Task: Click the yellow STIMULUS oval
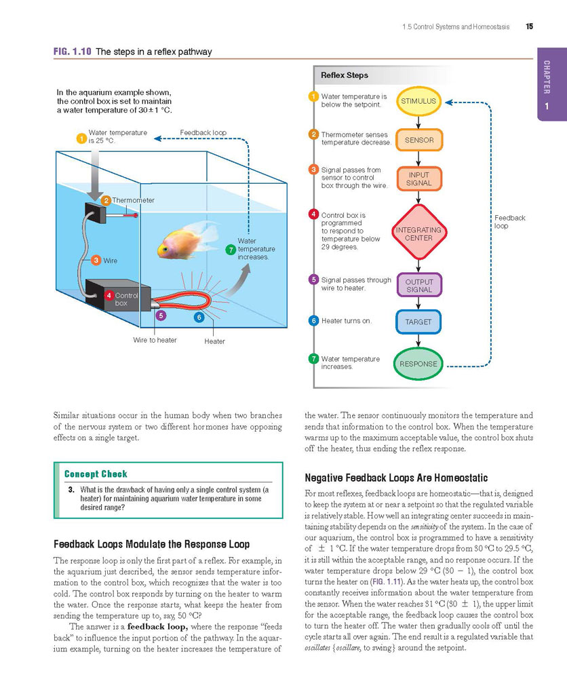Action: (x=418, y=101)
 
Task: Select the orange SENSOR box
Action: (x=418, y=140)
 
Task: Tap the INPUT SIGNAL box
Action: (x=418, y=178)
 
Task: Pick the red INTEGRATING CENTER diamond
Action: (x=418, y=233)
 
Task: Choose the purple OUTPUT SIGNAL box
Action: (x=418, y=285)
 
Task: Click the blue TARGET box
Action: (x=418, y=322)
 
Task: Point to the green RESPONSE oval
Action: (x=418, y=364)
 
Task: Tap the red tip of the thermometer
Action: (x=136, y=216)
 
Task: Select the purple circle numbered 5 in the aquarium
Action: (x=161, y=315)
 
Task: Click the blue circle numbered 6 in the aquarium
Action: (x=199, y=317)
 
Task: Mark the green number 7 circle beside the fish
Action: (x=231, y=250)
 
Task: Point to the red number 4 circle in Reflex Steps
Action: (x=313, y=214)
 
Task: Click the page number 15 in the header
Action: (x=529, y=26)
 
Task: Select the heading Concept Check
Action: (x=96, y=474)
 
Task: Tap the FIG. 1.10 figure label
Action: (x=72, y=52)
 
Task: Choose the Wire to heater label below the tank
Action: (x=155, y=340)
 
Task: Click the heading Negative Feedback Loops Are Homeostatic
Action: (x=396, y=478)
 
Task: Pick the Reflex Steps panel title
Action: (x=345, y=75)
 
